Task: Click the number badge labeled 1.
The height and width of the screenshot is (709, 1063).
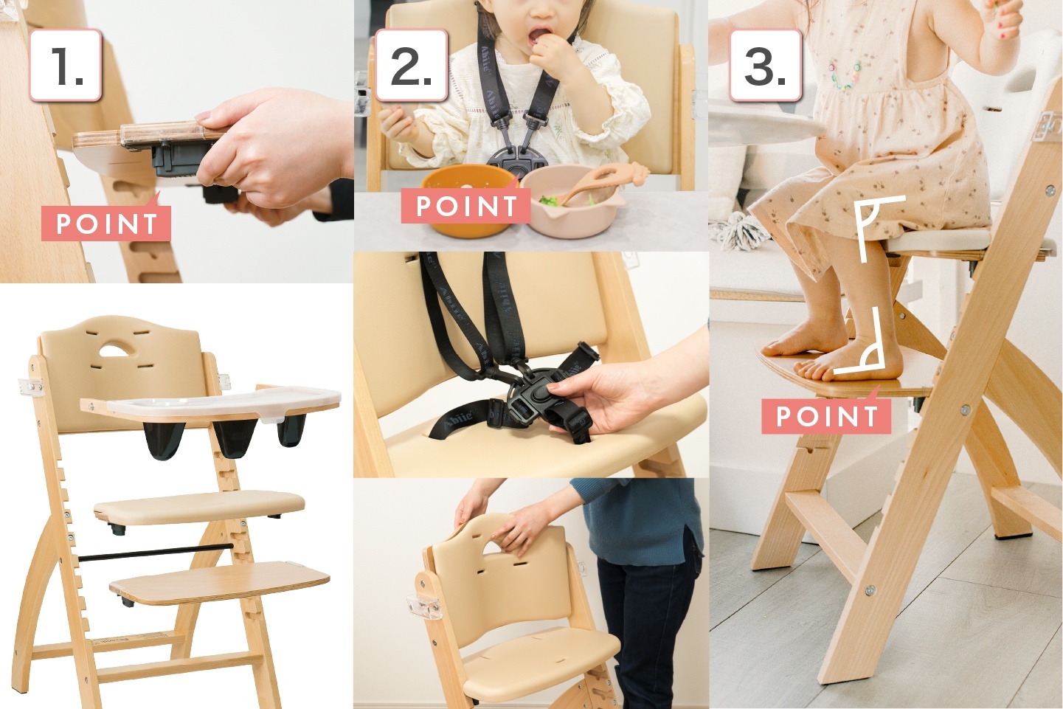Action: click(x=66, y=65)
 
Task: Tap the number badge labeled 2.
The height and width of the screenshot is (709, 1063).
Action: click(x=411, y=65)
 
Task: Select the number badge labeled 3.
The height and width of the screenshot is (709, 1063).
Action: click(x=766, y=65)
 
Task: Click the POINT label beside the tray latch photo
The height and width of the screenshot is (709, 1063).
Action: click(x=106, y=223)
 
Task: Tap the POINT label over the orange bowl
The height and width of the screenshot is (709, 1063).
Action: click(x=465, y=206)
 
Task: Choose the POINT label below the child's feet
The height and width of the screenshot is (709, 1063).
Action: click(x=826, y=415)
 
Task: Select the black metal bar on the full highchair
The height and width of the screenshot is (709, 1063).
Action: click(x=156, y=553)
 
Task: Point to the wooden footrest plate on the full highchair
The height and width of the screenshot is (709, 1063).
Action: click(x=219, y=582)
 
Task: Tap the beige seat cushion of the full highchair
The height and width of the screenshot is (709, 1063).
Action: click(x=199, y=508)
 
